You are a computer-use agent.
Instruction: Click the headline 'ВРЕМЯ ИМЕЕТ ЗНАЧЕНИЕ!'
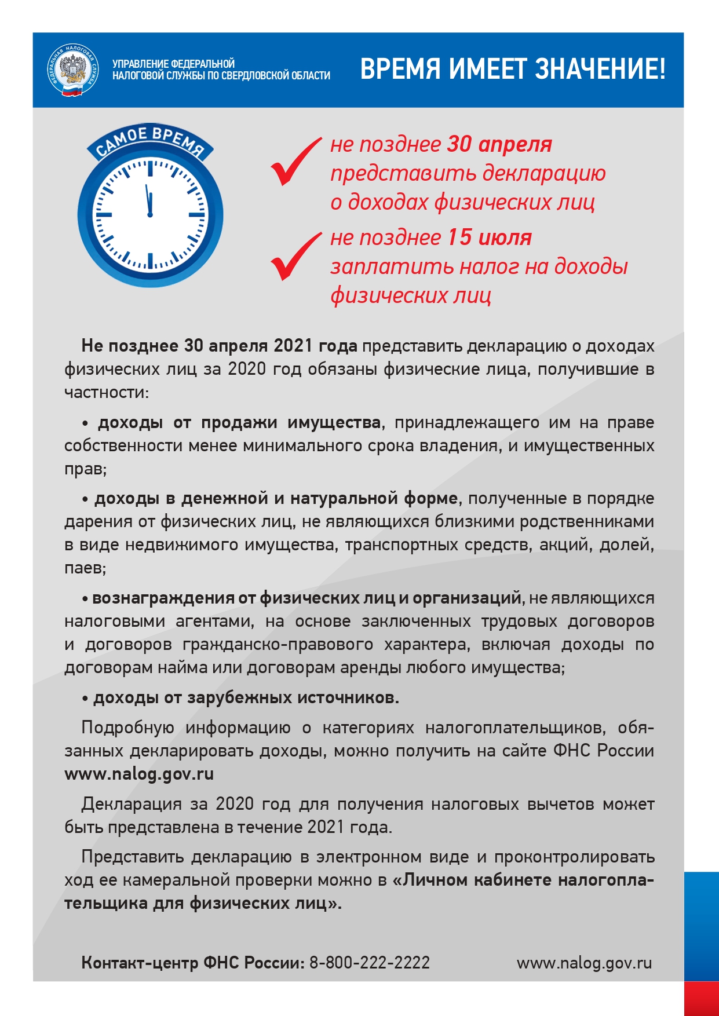(x=512, y=69)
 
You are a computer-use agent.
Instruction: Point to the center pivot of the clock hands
(x=150, y=215)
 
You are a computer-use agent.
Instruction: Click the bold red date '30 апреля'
(x=499, y=144)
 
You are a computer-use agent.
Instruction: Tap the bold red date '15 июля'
(x=489, y=237)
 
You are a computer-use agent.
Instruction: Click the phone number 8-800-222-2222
(x=370, y=963)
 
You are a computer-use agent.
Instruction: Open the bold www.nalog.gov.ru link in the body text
(x=139, y=774)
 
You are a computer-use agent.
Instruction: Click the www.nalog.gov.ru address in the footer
(x=584, y=963)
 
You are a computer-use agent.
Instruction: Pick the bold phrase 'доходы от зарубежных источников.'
(x=246, y=697)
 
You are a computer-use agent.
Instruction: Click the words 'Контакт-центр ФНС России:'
(x=193, y=963)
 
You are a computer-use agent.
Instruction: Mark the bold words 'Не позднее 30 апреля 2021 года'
(x=220, y=346)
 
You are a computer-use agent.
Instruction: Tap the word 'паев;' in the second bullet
(x=85, y=568)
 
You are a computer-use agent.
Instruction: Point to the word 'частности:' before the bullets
(x=107, y=392)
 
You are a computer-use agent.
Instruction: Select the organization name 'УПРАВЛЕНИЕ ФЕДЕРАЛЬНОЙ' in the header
(x=173, y=64)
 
